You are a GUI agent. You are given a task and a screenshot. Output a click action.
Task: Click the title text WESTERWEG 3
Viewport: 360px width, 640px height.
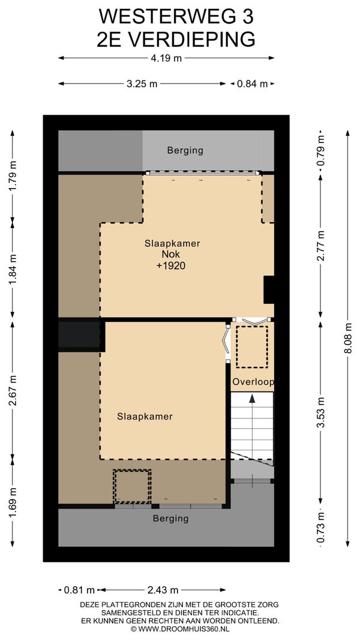176,17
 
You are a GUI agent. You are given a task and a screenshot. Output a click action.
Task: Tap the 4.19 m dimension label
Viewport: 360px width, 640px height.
166,58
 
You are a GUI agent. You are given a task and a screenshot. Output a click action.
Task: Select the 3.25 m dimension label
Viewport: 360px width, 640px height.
142,83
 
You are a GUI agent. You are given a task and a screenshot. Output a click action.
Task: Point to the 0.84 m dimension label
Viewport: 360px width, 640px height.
253,83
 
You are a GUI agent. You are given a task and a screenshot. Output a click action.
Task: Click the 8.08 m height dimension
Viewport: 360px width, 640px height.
348,339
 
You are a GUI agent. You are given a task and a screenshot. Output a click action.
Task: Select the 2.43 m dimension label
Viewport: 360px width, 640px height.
162,590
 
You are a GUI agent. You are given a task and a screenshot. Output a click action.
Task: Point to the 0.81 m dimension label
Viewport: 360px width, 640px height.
79,590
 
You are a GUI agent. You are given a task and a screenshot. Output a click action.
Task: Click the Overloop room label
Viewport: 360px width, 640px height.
253,382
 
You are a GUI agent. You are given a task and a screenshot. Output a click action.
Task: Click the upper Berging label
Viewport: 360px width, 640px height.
185,151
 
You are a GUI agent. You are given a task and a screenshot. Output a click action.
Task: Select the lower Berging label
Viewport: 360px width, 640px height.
171,519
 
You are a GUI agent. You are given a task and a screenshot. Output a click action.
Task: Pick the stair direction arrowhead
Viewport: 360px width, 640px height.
253,398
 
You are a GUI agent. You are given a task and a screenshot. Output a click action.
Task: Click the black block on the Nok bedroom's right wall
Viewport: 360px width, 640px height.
269,290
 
